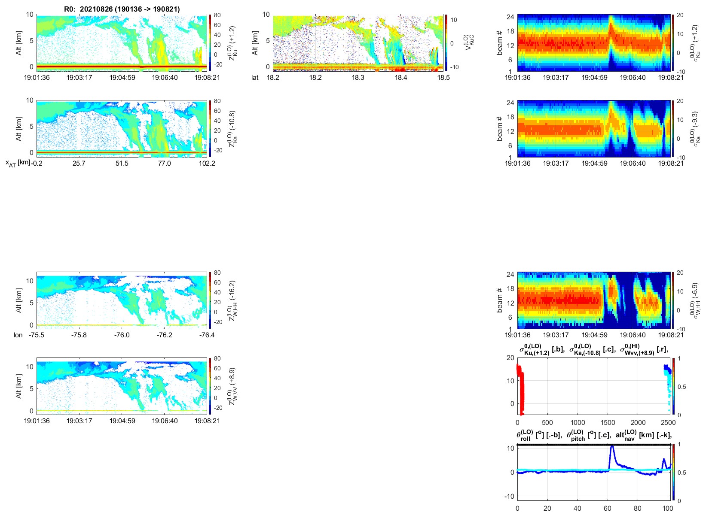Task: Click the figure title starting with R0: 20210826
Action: pos(122,9)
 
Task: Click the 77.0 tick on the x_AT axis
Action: pos(164,164)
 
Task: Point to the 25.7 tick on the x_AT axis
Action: pos(79,164)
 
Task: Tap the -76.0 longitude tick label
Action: pos(122,335)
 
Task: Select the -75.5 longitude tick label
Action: pos(37,335)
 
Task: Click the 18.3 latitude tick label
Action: pos(358,78)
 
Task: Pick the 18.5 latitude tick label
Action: pos(443,78)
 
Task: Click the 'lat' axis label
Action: pos(255,78)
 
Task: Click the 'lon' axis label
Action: pos(18,335)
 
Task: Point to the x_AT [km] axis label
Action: pos(18,163)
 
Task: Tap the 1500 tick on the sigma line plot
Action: pos(608,423)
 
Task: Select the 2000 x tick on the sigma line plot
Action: pos(638,423)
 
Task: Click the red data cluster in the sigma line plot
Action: pos(521,386)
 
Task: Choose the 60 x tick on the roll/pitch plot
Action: pos(608,509)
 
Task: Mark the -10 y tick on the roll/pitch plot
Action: pos(510,496)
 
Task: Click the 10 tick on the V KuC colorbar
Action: pos(453,20)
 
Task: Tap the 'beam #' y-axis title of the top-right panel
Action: pos(499,43)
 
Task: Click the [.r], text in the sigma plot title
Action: pos(662,350)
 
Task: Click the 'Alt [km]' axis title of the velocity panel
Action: pos(255,43)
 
